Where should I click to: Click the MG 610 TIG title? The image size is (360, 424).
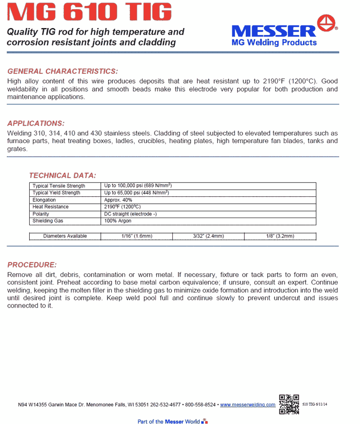[90, 12]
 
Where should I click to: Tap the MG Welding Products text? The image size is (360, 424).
[274, 43]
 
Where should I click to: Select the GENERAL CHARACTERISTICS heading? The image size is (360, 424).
[63, 71]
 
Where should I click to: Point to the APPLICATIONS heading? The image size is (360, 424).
[36, 123]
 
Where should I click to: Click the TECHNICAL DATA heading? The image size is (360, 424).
[62, 175]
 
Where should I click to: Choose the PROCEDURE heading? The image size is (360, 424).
[32, 265]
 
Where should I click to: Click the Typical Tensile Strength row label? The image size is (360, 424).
[59, 186]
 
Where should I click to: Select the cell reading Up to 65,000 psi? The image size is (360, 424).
[136, 193]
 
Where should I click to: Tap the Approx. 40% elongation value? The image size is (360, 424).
[118, 200]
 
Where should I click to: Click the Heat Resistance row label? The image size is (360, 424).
[51, 207]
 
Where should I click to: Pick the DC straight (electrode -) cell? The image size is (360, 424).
[131, 214]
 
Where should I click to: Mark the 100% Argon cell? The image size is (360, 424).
[118, 221]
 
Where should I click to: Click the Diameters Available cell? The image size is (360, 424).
[65, 236]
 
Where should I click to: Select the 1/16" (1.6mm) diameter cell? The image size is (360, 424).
[137, 236]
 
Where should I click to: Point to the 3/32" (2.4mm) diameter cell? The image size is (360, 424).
[208, 236]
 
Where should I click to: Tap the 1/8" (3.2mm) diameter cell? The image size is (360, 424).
[280, 236]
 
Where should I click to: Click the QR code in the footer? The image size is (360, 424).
[289, 404]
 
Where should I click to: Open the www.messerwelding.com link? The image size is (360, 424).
[248, 405]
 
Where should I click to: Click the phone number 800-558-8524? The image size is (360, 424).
[200, 405]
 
